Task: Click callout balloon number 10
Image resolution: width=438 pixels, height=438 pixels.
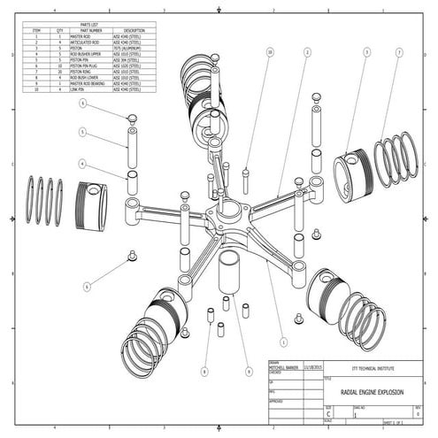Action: coord(269,53)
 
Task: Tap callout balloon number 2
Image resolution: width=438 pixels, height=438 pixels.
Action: coord(306,53)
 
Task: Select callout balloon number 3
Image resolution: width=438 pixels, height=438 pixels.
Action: coord(366,53)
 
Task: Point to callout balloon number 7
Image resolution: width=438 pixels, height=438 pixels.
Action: coord(399,53)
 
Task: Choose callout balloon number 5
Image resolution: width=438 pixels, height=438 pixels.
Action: coord(82,133)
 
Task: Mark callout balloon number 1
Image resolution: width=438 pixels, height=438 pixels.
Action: coord(282,341)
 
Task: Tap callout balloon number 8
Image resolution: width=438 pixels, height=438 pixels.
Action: coord(87,286)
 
